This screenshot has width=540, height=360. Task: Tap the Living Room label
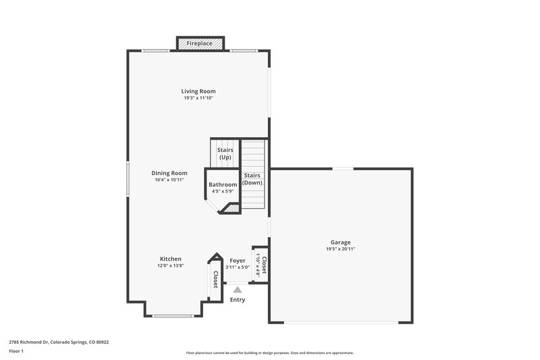point(198,91)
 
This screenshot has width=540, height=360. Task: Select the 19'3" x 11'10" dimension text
point(198,98)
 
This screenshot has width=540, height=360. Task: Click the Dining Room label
point(169,173)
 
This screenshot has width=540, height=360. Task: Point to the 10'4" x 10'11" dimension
point(169,180)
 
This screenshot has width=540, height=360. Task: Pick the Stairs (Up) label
point(225,153)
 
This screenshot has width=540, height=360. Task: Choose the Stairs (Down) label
point(252,179)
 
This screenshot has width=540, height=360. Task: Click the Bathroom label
point(223,184)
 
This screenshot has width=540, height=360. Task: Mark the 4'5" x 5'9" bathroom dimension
point(223,191)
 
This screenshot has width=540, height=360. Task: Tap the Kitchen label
point(170,259)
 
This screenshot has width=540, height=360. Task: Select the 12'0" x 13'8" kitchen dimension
point(170,265)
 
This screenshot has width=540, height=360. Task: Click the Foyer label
point(238,260)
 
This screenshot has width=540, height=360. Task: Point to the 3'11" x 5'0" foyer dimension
point(238,267)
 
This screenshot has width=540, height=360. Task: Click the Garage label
point(340,242)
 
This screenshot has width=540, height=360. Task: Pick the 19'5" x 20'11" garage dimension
point(340,249)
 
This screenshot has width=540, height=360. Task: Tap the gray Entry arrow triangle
point(237,289)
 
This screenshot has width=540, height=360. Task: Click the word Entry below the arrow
point(238,300)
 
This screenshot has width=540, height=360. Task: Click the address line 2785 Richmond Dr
point(59,342)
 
